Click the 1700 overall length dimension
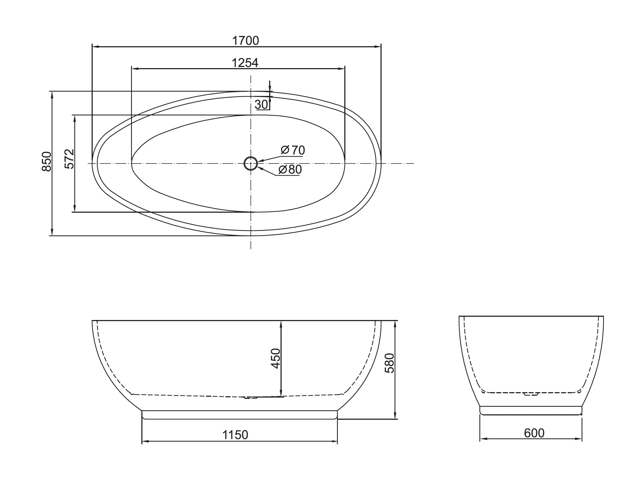245,41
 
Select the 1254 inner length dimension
245,63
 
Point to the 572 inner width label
69,159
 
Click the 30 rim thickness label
261,104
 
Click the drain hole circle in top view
251,163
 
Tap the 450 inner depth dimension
275,358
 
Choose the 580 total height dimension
389,363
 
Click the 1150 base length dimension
235,435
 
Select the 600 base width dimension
534,433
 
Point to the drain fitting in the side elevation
251,397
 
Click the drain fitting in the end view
531,394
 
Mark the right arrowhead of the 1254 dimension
342,69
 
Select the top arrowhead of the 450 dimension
281,324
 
